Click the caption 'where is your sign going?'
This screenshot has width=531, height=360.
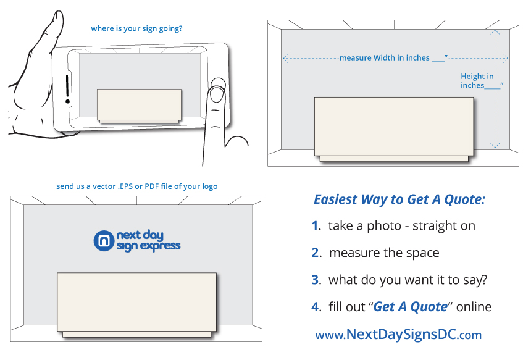(x=136, y=28)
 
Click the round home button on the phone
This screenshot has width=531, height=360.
(x=217, y=84)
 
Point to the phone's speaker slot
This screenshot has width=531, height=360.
(x=67, y=88)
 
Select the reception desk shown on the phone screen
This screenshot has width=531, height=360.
(x=139, y=104)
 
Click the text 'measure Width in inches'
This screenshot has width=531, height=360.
(x=384, y=58)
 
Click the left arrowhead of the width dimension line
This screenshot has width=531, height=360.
(x=286, y=58)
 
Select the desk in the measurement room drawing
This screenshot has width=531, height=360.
(x=394, y=127)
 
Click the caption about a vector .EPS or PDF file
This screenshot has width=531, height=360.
(x=136, y=186)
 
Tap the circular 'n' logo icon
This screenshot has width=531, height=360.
(x=103, y=241)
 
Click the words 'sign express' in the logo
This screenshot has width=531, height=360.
(x=148, y=246)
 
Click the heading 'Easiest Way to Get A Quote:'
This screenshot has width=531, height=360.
(x=399, y=199)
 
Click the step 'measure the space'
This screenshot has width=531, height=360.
(x=384, y=253)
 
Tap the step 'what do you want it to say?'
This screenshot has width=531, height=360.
(x=408, y=280)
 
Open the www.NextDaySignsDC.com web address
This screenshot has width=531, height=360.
(x=398, y=335)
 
